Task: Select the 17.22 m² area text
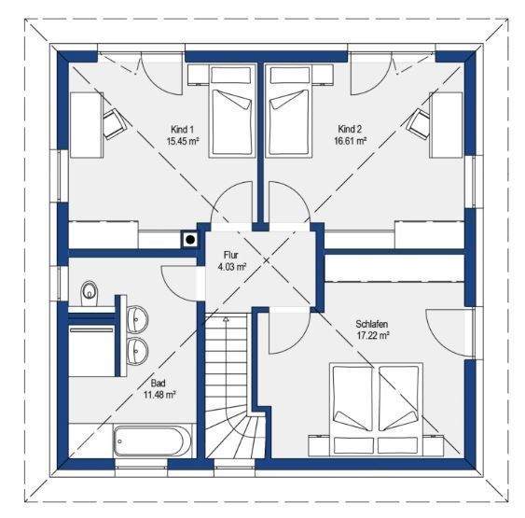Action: (x=372, y=334)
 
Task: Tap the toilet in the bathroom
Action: (x=89, y=293)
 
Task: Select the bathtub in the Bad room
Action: (x=153, y=441)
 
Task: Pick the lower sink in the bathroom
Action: (x=138, y=350)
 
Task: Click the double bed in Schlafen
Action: (x=378, y=407)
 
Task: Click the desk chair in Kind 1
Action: (x=115, y=121)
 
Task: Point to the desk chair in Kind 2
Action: (x=419, y=121)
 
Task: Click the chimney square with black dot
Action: (x=191, y=239)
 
